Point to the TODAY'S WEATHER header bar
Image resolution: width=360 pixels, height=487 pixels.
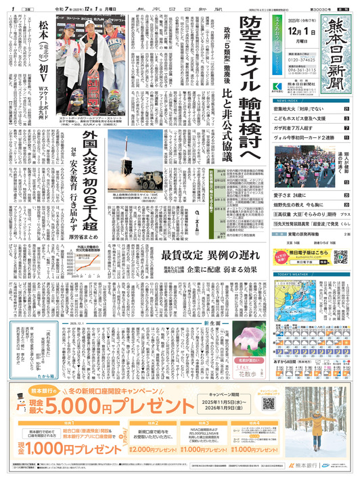[x=311, y=275]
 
